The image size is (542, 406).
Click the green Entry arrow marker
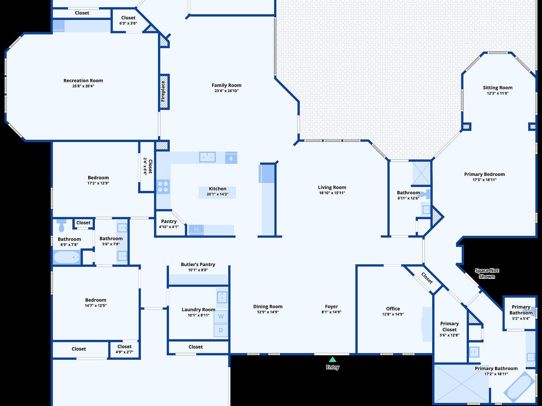click(332, 359)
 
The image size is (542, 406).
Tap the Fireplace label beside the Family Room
click(163, 91)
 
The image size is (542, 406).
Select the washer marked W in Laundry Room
click(221, 316)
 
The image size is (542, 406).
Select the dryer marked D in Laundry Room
click(221, 330)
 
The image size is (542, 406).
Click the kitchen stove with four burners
click(163, 187)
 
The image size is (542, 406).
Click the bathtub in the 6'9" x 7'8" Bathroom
click(67, 257)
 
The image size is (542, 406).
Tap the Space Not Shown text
click(487, 273)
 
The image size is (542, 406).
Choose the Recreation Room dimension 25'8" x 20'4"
click(83, 86)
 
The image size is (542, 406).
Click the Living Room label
click(332, 187)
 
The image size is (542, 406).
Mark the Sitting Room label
click(498, 88)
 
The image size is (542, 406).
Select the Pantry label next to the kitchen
click(169, 221)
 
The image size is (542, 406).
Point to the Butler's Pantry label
click(198, 264)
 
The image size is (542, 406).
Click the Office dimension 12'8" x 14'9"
click(393, 314)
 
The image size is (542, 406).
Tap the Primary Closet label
click(449, 326)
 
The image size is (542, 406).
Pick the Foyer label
click(331, 307)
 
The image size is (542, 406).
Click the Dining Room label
click(268, 307)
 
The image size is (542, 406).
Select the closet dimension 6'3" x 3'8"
click(128, 23)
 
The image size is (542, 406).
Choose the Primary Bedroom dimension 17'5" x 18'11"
click(484, 180)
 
